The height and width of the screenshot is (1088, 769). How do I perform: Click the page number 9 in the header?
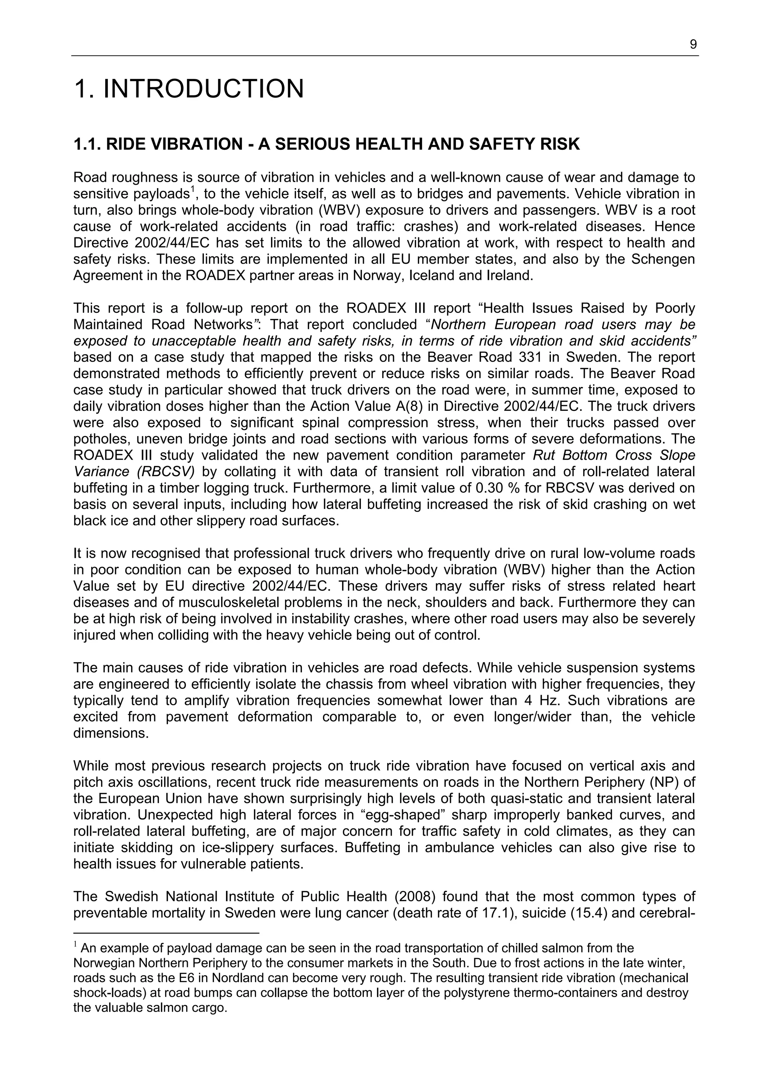point(693,45)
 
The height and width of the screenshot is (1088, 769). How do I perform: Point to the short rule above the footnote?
point(166,933)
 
